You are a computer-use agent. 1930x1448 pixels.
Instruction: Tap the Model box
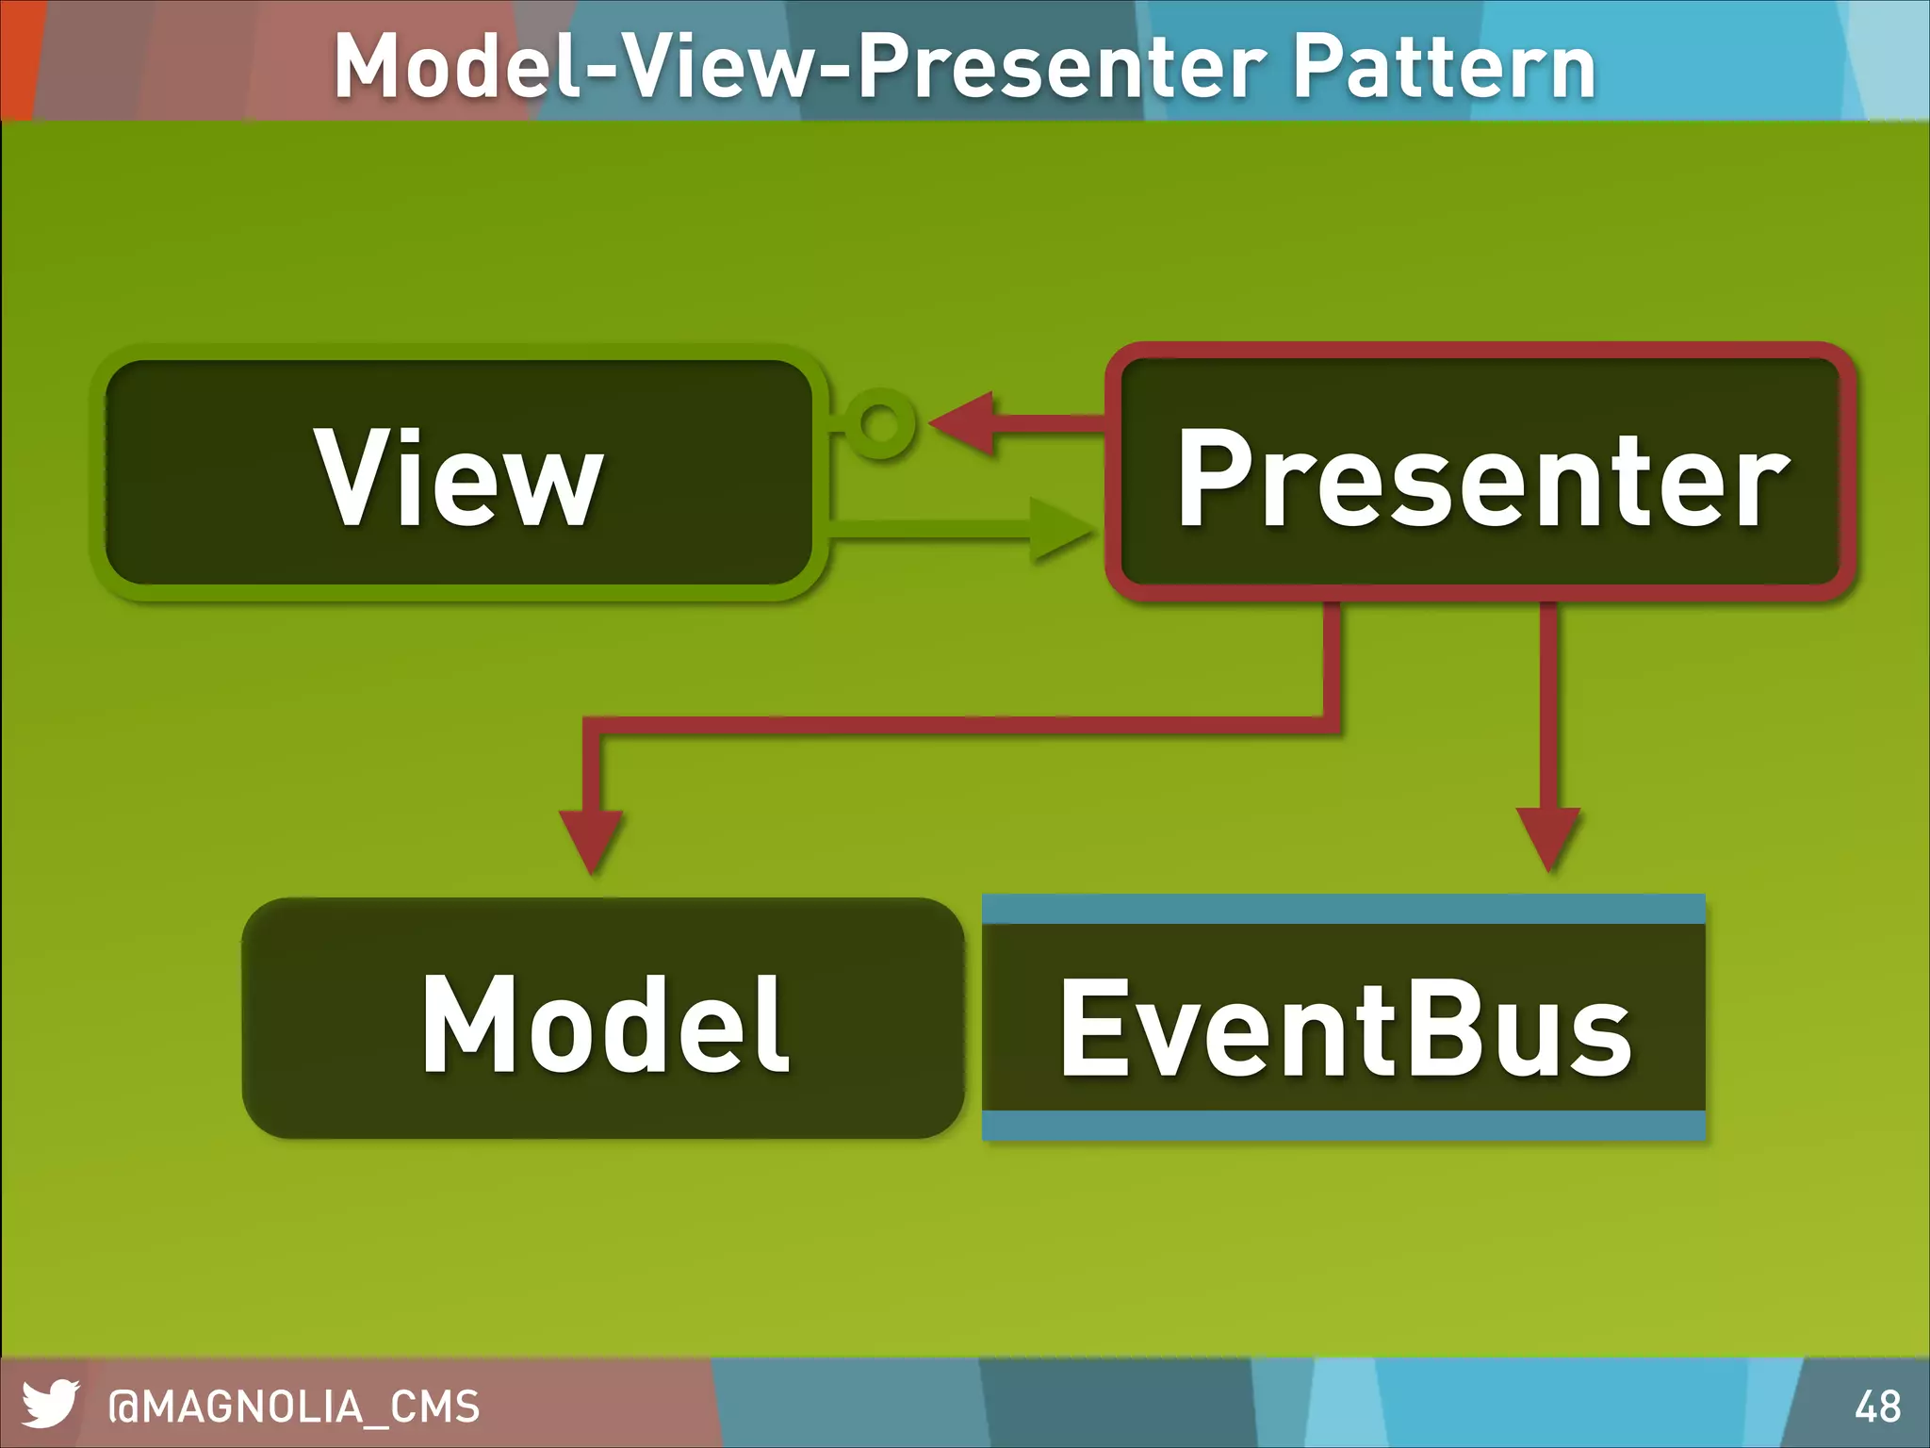[603, 1019]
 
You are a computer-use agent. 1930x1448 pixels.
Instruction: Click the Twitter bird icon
[50, 1404]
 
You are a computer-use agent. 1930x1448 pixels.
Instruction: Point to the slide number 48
[1877, 1407]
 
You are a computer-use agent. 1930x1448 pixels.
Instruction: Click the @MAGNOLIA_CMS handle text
[294, 1407]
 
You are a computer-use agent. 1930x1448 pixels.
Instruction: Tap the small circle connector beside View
[881, 423]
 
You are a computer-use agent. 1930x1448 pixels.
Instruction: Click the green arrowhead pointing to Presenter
[1060, 530]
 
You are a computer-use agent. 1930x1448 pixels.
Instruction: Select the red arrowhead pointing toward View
[966, 423]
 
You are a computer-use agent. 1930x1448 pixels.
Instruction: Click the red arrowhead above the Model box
[591, 837]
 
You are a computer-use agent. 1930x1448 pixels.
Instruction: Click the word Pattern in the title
[1444, 66]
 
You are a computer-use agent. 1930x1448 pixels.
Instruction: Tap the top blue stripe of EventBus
[1344, 909]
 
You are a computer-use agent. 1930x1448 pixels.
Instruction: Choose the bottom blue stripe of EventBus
[1344, 1125]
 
